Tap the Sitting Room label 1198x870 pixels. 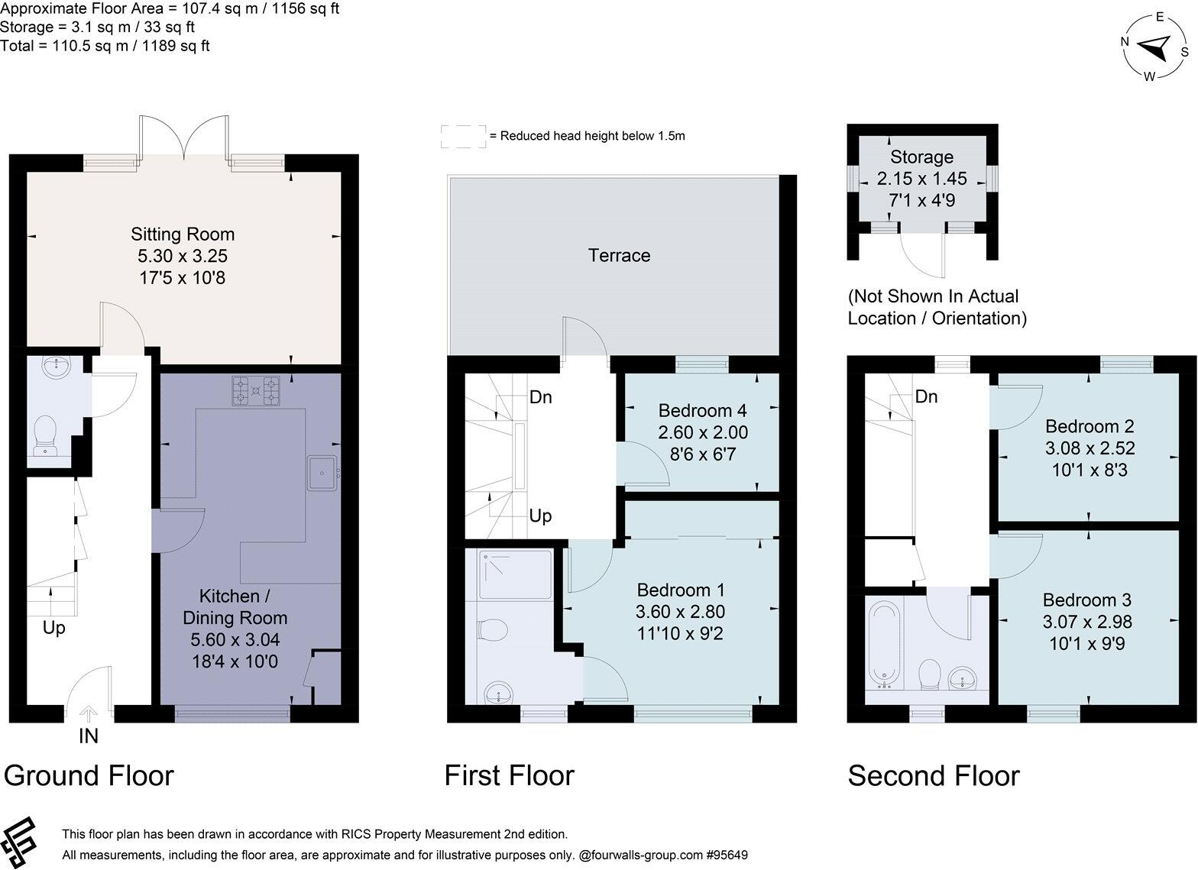point(182,234)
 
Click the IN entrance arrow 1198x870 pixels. point(89,715)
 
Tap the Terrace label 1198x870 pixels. point(619,255)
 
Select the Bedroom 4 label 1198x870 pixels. point(702,409)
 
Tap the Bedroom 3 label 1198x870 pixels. point(1086,600)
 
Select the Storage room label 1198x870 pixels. point(921,157)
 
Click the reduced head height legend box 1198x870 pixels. point(463,137)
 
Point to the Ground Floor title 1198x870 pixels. point(89,775)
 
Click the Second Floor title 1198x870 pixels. point(933,775)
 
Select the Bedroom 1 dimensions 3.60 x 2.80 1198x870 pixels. point(680,612)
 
